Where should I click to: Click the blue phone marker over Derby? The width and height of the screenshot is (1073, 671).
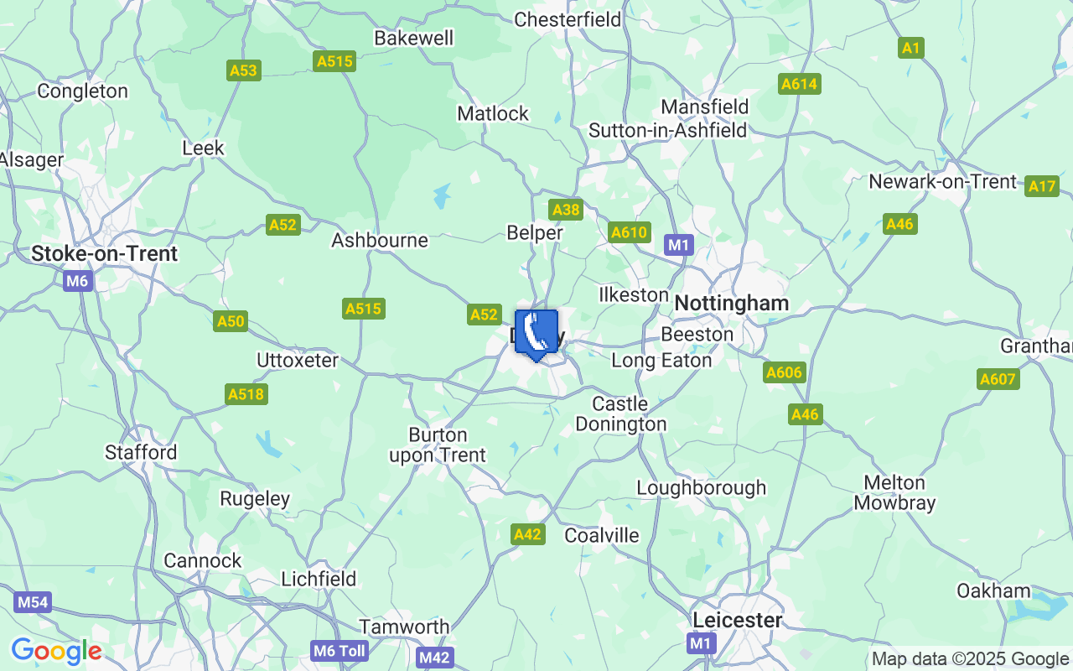[536, 333]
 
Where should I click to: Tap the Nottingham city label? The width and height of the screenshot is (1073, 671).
[732, 304]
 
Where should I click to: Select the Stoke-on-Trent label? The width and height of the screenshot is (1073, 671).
[105, 253]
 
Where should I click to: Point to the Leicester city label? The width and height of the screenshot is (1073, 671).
[738, 620]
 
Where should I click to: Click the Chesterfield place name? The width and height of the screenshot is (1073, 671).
[568, 19]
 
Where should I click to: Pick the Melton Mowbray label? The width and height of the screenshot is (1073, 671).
[894, 493]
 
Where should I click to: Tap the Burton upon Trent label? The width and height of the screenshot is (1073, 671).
[437, 445]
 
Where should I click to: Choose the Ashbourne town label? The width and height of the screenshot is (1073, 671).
[380, 241]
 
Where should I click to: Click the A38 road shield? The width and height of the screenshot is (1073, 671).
[566, 210]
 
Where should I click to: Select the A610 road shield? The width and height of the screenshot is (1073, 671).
[630, 232]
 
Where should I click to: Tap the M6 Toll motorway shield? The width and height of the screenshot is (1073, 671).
[339, 651]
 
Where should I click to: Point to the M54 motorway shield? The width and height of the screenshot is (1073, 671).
[33, 602]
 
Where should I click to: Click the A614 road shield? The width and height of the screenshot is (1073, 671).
[800, 84]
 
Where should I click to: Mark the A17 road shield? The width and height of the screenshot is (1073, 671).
[1042, 186]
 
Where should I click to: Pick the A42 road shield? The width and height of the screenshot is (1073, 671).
[528, 534]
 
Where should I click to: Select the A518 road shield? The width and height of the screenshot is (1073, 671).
[246, 394]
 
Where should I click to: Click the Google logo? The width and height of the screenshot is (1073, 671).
[56, 651]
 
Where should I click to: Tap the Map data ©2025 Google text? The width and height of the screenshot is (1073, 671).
[970, 659]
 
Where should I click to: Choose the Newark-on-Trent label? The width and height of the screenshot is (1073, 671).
[942, 182]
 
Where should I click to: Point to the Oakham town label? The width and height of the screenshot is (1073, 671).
[993, 590]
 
